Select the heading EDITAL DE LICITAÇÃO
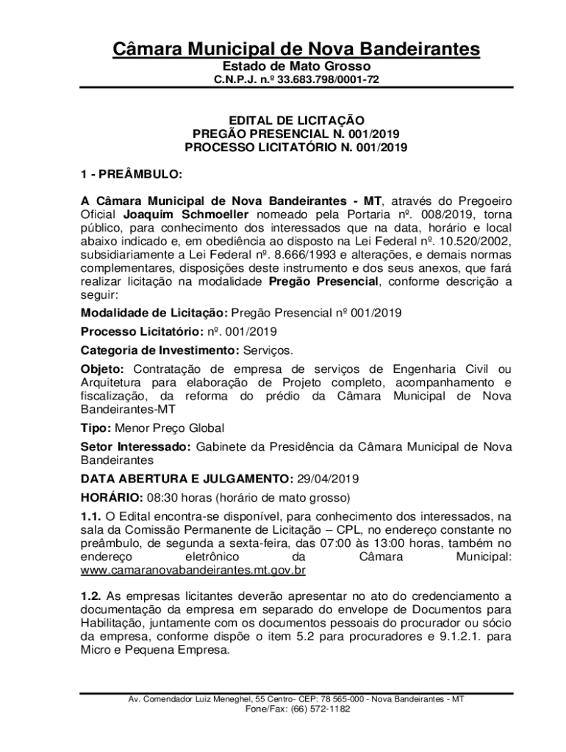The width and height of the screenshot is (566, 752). coord(296,120)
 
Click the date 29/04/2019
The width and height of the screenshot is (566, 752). coord(328,479)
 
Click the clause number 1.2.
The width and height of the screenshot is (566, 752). coord(90,596)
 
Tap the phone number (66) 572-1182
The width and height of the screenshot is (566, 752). coord(320,709)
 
